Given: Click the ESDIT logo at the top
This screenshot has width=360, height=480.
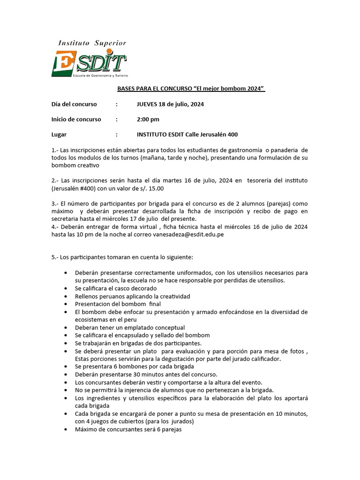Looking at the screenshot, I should pos(89,64).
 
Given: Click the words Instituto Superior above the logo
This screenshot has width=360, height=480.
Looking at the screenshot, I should pos(92,43).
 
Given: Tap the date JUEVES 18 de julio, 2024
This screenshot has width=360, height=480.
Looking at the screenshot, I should pos(170,104).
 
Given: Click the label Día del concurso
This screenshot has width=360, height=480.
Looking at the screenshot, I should pos(74,104).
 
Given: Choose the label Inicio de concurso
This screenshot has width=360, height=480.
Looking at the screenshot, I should pos(76,119).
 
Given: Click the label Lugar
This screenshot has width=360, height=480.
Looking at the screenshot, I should pos(59,135).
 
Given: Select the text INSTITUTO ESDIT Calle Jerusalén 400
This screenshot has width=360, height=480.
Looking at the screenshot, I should pos(187,135).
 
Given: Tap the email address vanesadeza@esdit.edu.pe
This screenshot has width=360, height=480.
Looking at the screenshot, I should pos(188,234).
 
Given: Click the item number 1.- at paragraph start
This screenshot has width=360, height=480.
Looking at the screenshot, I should pos(55,150).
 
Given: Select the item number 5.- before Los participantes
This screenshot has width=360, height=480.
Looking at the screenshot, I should pos(55,257).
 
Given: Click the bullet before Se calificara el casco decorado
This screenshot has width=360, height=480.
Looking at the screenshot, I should pos(65,288).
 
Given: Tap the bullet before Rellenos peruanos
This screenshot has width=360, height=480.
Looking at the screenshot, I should pos(65,296).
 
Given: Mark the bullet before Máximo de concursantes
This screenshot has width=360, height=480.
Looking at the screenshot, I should pos(65,429).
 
